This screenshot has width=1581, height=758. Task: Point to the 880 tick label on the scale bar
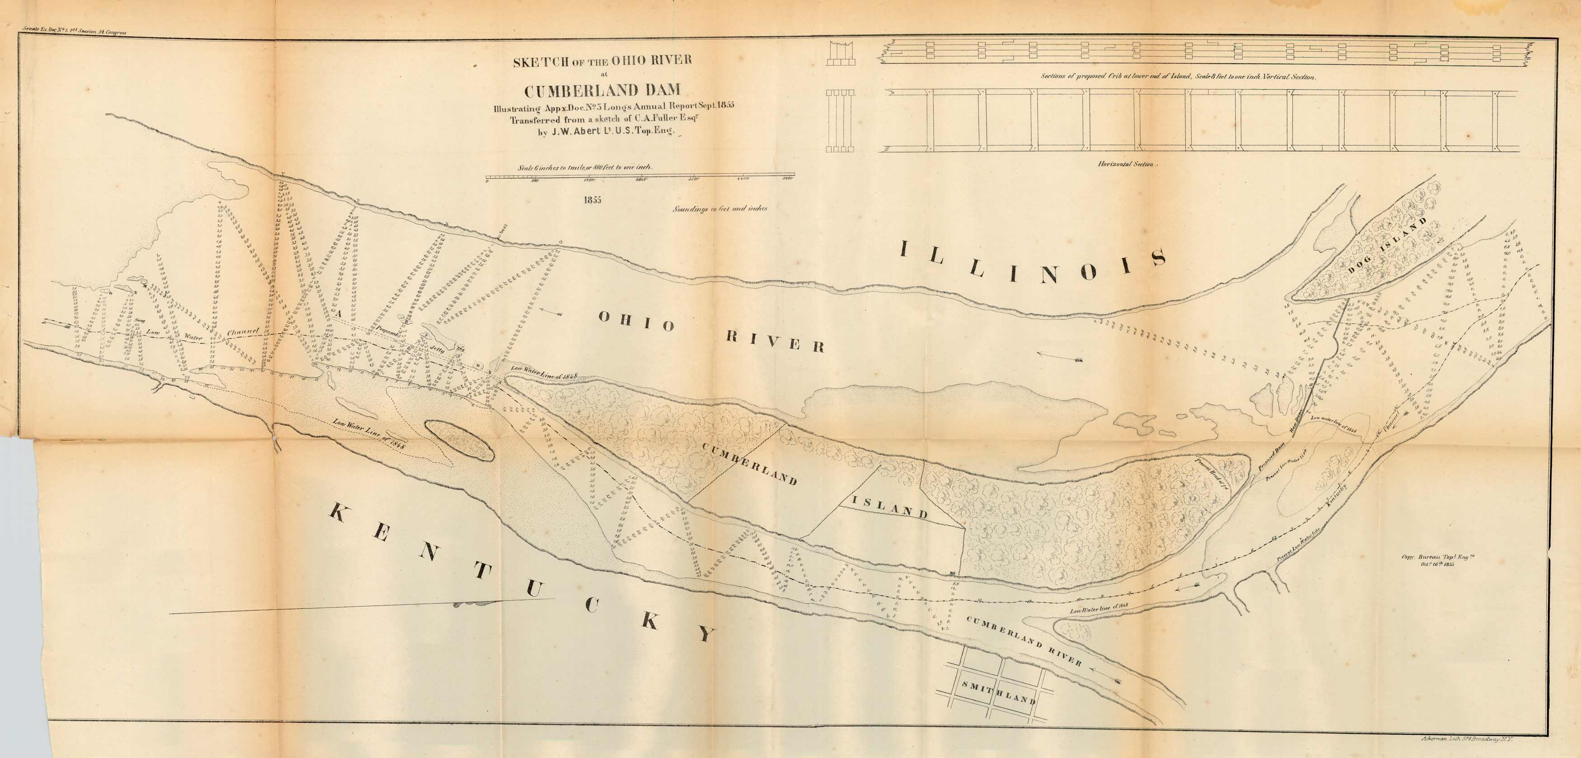click(534, 180)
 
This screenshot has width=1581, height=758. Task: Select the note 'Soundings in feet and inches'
click(719, 209)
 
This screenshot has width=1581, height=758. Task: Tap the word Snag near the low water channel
click(139, 320)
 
